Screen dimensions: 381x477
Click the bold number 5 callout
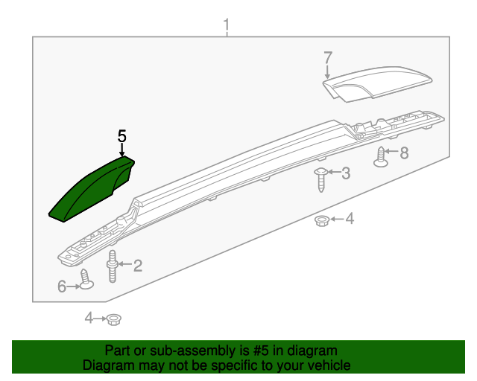tap(122, 136)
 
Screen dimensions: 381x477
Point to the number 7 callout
tap(327, 57)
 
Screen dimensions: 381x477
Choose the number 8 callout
tap(405, 153)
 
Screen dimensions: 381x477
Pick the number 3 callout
tap(345, 173)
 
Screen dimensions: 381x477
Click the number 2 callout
tap(137, 264)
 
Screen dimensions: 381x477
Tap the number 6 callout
tap(62, 286)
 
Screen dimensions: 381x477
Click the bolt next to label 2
tap(113, 266)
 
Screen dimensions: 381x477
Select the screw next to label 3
tap(320, 179)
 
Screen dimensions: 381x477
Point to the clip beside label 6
tap(86, 280)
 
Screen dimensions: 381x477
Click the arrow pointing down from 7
tap(327, 71)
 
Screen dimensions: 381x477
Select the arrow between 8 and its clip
tap(393, 153)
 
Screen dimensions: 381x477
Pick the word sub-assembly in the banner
tap(191, 350)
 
